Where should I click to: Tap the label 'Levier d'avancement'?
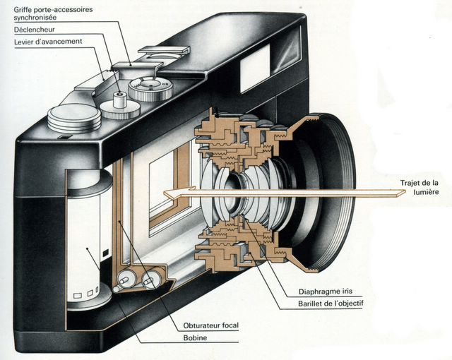click(48, 42)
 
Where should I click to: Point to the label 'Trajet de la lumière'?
click(421, 186)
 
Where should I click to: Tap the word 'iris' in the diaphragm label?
click(340, 292)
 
